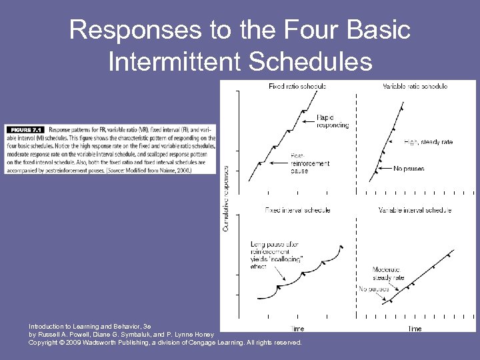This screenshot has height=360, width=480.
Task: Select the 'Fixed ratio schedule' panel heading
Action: pyautogui.click(x=297, y=87)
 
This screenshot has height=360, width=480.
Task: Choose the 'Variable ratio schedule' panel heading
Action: pyautogui.click(x=415, y=87)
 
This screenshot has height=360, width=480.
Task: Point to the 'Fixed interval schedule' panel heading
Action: pyautogui.click(x=297, y=210)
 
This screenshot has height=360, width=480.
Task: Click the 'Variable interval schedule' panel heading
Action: pyautogui.click(x=415, y=210)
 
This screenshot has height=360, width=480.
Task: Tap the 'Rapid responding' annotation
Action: pyautogui.click(x=331, y=121)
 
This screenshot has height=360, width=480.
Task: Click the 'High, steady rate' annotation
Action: pyautogui.click(x=428, y=142)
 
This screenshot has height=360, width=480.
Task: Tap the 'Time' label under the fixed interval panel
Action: pyautogui.click(x=297, y=329)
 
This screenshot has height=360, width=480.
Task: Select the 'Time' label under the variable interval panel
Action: pyautogui.click(x=414, y=329)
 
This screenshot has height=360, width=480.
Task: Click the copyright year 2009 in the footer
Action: pyautogui.click(x=73, y=342)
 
